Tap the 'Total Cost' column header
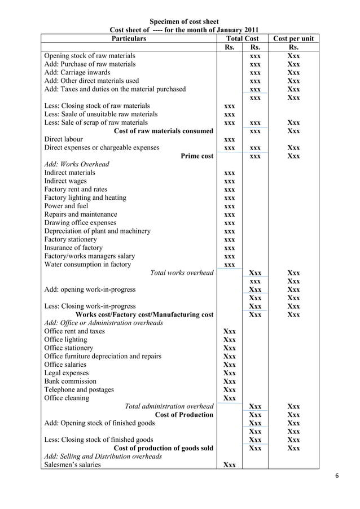pos(242,38)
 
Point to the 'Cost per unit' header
pos(293,38)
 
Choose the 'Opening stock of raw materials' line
pos(90,56)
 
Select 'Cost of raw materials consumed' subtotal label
pos(164,131)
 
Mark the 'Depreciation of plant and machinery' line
pos(98,231)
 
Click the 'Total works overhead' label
pos(182,273)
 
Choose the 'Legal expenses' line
pos(66,373)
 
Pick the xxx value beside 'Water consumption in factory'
pos(230,265)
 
